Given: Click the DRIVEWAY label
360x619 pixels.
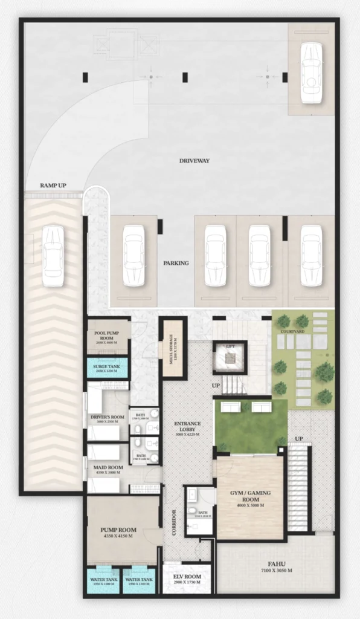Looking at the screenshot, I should point(194,161).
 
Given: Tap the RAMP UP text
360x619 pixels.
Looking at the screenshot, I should point(53,185).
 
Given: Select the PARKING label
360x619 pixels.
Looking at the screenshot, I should point(176,264).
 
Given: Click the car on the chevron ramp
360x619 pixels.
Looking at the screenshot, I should point(53,255).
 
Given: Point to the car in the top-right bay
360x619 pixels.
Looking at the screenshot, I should point(311,73).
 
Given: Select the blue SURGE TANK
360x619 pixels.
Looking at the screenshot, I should point(108,369).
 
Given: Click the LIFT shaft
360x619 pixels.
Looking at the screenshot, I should point(230,358).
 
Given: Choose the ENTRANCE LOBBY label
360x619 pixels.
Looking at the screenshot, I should point(187,427).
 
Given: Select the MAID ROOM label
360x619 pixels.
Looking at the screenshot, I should point(107,467).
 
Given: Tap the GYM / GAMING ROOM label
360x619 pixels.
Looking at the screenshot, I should point(250,496).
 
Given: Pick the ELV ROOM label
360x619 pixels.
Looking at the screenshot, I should point(186,577).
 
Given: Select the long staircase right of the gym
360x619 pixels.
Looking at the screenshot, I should point(298,487).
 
